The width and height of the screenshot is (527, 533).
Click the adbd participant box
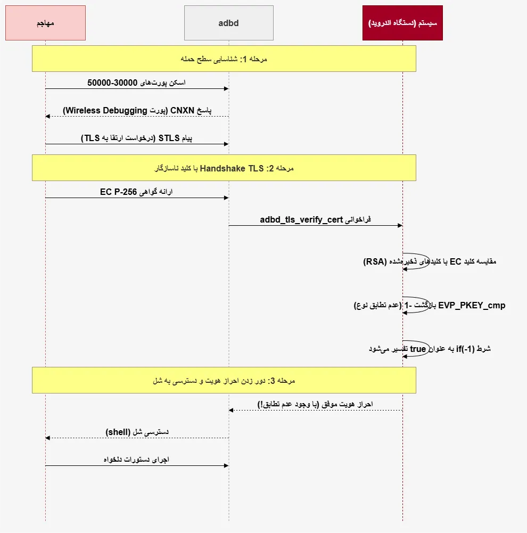click(x=229, y=23)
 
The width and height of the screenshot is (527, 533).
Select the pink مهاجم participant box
click(x=46, y=23)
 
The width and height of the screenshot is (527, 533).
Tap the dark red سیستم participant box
click(x=402, y=23)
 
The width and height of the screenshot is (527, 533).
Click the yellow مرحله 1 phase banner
click(x=224, y=59)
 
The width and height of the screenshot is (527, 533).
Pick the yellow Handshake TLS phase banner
click(x=224, y=168)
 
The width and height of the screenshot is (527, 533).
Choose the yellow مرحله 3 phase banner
click(x=224, y=380)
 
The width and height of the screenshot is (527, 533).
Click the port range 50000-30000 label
click(x=112, y=83)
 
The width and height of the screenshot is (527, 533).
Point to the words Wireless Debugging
click(x=106, y=110)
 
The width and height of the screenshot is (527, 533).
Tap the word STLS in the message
click(x=169, y=138)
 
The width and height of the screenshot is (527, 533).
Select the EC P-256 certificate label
click(x=118, y=192)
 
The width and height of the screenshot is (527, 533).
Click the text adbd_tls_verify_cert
click(x=301, y=219)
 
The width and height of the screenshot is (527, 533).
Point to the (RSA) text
click(x=375, y=261)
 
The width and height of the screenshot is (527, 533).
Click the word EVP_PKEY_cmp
click(x=472, y=305)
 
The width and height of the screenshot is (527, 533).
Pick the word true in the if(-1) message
click(x=418, y=349)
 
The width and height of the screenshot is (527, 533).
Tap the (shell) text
click(x=118, y=432)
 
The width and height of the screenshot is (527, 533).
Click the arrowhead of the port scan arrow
click(x=226, y=89)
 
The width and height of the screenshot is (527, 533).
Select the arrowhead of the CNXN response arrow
click(x=47, y=116)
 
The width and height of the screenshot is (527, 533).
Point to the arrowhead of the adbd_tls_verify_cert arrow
click(x=400, y=225)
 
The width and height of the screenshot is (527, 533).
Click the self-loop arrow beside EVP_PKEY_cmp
click(x=429, y=305)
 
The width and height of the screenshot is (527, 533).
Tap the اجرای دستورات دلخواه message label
click(x=136, y=460)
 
